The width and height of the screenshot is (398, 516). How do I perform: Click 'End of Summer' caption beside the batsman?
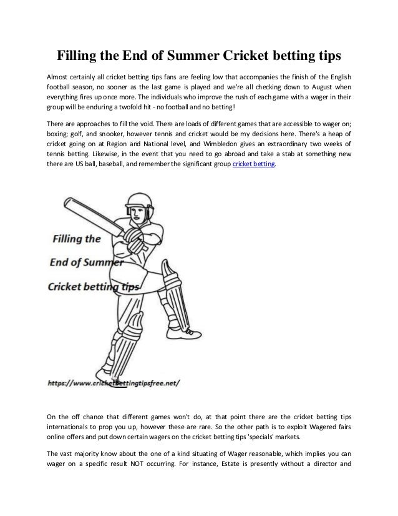click(x=79, y=262)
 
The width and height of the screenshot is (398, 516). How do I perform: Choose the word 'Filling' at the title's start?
click(x=82, y=56)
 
